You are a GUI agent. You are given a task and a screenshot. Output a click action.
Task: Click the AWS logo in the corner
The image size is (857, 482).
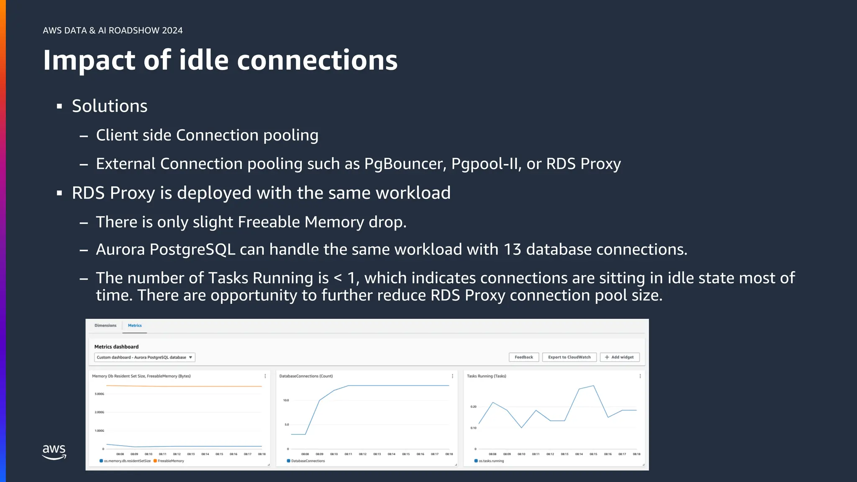54,452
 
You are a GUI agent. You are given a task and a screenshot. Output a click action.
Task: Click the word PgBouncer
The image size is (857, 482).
404,164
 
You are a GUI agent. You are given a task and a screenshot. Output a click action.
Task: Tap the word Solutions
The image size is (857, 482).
110,106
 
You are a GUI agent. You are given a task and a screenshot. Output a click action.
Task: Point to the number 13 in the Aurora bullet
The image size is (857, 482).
512,249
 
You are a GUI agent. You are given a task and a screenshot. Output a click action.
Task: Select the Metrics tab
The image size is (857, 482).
135,326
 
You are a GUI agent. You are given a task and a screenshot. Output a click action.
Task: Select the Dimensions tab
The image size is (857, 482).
105,326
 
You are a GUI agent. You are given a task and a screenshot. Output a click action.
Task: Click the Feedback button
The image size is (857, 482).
523,357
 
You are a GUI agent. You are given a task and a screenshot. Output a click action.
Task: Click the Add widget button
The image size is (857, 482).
619,357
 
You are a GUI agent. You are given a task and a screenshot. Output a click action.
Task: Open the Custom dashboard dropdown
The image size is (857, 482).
144,357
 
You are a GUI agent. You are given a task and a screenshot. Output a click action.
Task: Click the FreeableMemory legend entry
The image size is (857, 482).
170,461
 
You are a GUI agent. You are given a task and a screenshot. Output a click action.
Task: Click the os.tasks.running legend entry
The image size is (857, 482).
491,461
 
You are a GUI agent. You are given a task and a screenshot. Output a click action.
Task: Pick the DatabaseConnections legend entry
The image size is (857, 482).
308,461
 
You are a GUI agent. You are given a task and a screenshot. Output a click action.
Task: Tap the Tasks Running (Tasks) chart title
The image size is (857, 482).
486,376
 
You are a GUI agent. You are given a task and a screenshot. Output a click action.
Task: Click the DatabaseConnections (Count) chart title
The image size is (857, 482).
306,376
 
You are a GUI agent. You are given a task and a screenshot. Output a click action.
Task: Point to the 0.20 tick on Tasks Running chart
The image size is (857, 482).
473,407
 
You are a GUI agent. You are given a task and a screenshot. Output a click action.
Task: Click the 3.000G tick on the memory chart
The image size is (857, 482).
99,394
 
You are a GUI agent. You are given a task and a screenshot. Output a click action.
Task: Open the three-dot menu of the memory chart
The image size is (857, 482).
265,376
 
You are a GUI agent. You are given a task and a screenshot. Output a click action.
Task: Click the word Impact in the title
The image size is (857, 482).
89,60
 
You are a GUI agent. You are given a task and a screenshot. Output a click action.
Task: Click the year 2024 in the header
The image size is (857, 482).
172,31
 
